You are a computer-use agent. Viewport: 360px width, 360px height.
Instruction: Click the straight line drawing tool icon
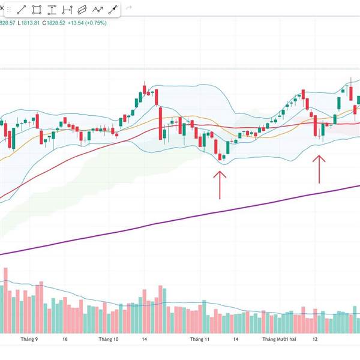(x=21, y=10)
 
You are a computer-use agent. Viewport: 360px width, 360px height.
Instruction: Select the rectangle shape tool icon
(x=37, y=10)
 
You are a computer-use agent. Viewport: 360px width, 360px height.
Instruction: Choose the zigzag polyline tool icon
(x=97, y=10)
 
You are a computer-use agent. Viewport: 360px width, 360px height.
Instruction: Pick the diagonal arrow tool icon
(x=112, y=10)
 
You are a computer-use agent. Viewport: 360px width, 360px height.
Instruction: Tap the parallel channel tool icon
(x=82, y=10)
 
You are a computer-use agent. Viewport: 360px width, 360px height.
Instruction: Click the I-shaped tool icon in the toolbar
(x=67, y=10)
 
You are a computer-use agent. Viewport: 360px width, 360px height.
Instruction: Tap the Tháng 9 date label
(x=29, y=339)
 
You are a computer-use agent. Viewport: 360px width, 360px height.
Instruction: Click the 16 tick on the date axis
(x=64, y=339)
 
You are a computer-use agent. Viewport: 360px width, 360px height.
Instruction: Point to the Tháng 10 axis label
(x=109, y=339)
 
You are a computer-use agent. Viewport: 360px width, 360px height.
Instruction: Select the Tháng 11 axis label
(x=200, y=339)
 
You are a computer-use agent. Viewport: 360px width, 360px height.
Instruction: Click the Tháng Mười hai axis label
(x=279, y=339)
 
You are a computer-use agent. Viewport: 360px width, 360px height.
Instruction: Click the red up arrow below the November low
(x=220, y=184)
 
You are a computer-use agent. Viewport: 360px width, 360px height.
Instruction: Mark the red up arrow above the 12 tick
(x=319, y=169)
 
